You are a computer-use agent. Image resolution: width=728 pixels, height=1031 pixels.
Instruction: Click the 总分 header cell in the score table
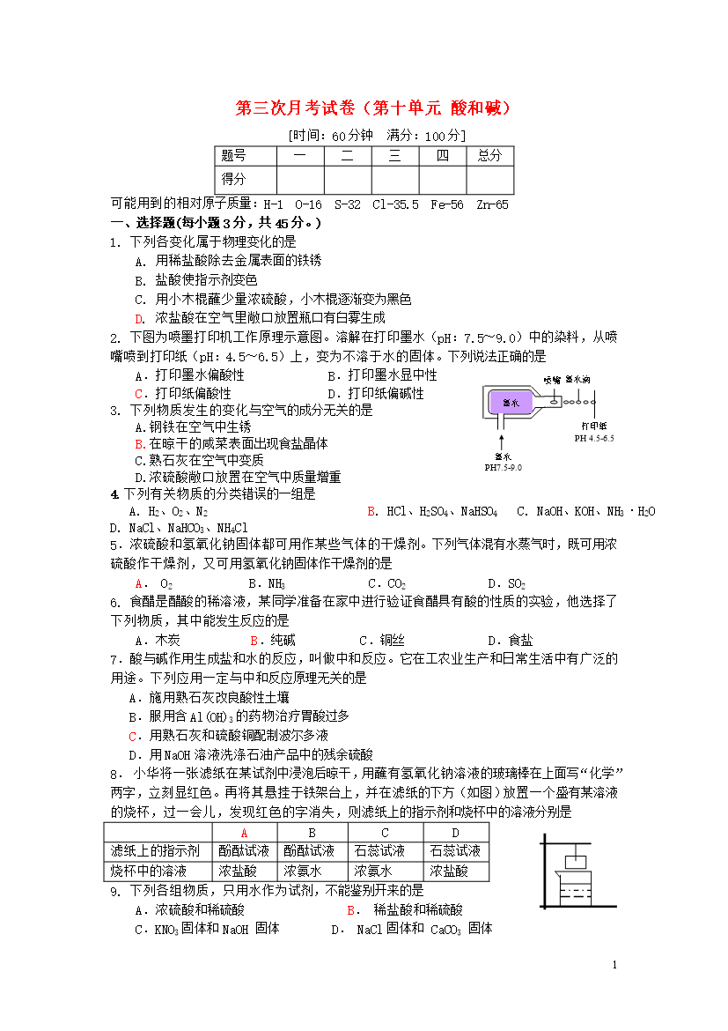pos(489,156)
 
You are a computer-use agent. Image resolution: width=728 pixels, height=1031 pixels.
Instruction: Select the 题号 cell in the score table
pos(233,156)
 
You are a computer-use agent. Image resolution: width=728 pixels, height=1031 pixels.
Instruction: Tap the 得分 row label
pos(233,179)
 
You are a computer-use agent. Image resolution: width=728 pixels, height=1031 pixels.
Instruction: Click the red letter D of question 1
pos(139,318)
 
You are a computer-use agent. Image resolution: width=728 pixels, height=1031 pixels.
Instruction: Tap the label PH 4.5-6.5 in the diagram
pos(594,438)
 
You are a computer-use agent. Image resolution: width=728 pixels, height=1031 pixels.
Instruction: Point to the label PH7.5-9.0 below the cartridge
pos(504,468)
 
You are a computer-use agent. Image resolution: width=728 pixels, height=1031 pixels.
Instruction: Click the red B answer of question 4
pos(372,511)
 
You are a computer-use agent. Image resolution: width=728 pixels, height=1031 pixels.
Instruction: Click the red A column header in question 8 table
pos(244,833)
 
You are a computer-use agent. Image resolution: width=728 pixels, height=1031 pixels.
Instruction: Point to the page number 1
pos(615,965)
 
